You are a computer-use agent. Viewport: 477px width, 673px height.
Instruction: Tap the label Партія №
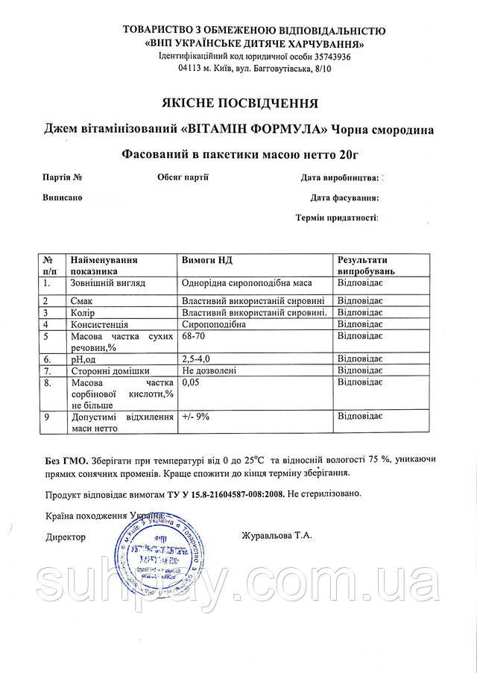click(62, 177)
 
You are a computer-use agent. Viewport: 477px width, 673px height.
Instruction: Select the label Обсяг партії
click(183, 177)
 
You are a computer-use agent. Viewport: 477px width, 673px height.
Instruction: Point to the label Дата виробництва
click(341, 178)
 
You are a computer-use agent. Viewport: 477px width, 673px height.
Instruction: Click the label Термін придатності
click(337, 218)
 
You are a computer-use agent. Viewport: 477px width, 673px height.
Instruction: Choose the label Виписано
click(62, 198)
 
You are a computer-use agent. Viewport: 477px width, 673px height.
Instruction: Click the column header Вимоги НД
click(208, 260)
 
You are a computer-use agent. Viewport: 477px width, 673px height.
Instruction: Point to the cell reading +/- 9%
click(195, 417)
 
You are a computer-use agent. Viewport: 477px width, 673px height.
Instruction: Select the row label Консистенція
click(99, 325)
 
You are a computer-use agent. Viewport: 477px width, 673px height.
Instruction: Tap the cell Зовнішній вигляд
click(107, 284)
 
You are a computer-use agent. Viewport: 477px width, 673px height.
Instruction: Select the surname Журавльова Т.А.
click(277, 536)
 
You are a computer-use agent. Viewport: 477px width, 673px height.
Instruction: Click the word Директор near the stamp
click(66, 537)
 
